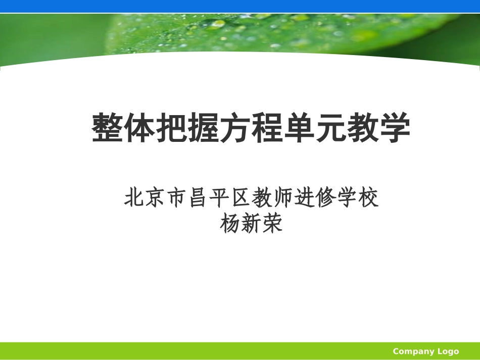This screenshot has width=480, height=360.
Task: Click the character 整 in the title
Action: (108, 129)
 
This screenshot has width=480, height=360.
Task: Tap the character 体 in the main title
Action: (139, 129)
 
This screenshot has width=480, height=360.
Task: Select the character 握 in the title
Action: (203, 129)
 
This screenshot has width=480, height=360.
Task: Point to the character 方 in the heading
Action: (235, 129)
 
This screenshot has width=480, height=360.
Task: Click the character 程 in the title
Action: (267, 129)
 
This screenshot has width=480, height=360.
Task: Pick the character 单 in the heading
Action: (299, 129)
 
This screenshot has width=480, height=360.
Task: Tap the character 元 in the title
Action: (330, 129)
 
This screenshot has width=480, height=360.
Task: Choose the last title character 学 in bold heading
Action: (394, 129)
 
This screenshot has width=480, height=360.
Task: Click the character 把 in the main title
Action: (171, 129)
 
